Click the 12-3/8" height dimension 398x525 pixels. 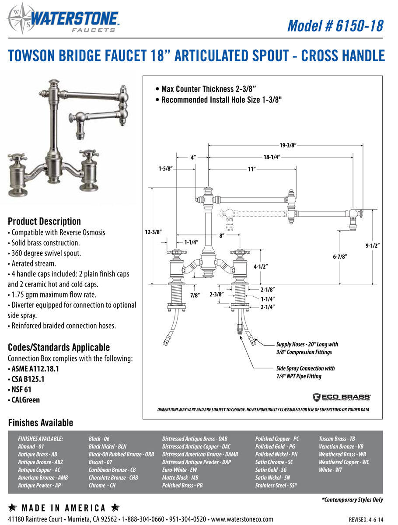pyautogui.click(x=154, y=233)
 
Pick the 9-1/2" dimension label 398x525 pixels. pyautogui.click(x=373, y=246)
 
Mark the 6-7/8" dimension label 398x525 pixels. pyautogui.click(x=339, y=257)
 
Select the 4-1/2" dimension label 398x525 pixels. pyautogui.click(x=260, y=266)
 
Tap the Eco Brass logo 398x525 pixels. pyautogui.click(x=342, y=397)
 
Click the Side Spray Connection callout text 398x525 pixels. pyautogui.click(x=305, y=372)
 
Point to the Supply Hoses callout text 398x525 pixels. pyautogui.click(x=307, y=348)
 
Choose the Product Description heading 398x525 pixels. pyautogui.click(x=44, y=221)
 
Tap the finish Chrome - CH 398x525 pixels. pyautogui.click(x=102, y=486)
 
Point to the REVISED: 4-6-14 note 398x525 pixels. pyautogui.click(x=367, y=520)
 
